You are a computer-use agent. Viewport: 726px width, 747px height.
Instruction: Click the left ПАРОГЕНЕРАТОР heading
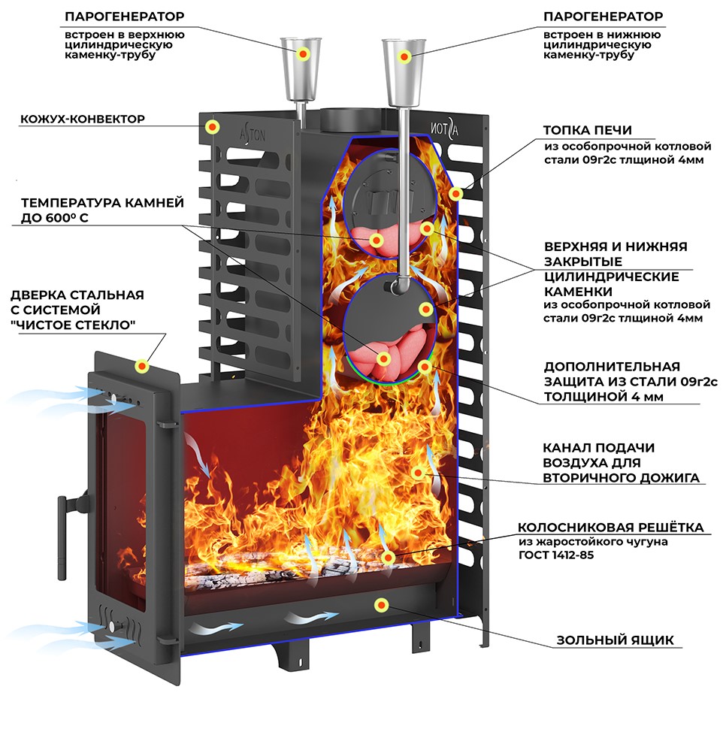[124, 16]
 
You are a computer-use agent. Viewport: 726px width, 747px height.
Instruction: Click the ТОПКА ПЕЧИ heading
[588, 129]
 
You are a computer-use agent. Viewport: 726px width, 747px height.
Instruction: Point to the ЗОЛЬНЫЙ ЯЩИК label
[615, 640]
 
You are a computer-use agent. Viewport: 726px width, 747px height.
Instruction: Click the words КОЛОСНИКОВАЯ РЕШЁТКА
[610, 528]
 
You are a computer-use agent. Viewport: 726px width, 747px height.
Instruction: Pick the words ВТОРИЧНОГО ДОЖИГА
[620, 477]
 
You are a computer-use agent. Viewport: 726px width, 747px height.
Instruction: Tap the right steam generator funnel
[405, 63]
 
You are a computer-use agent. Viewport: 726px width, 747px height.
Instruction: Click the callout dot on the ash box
[382, 604]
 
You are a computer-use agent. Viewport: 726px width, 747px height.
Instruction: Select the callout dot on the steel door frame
[141, 366]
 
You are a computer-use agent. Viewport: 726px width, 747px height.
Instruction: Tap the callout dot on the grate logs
[389, 558]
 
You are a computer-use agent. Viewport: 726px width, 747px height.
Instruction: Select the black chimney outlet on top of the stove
[349, 119]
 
